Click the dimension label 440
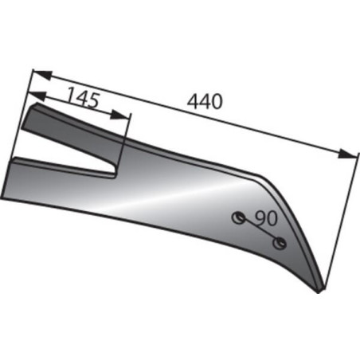pos(205,101)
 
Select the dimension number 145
pos(84,97)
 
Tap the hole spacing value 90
pos(266,218)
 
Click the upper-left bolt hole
pos(239,217)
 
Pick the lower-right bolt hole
pos(280,243)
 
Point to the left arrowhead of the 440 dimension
pos(41,75)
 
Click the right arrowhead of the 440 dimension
pos(347,155)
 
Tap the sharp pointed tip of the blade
pos(319,292)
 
